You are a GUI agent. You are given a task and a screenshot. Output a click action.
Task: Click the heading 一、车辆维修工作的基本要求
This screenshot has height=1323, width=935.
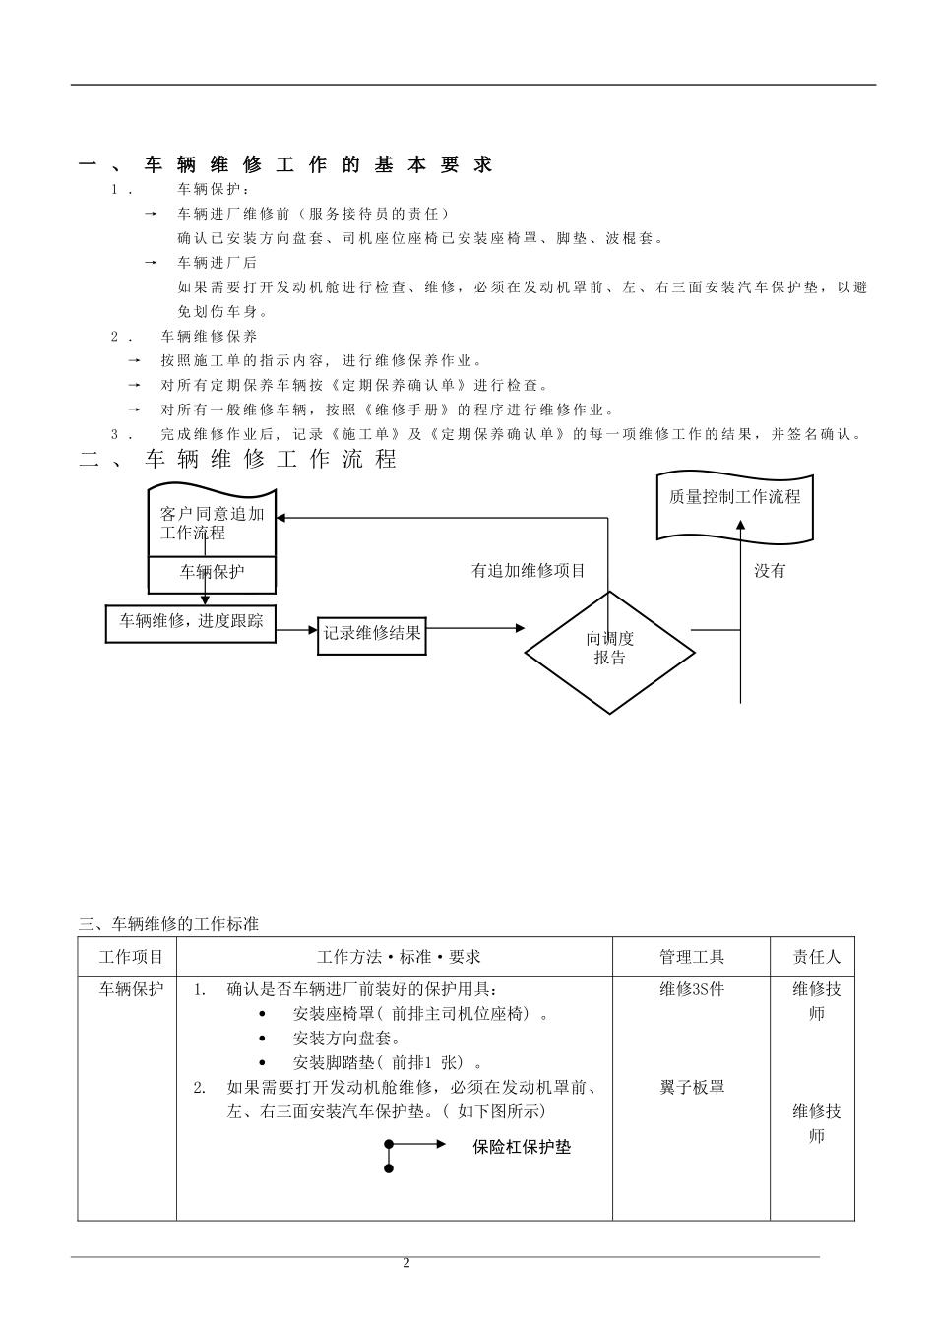click(285, 165)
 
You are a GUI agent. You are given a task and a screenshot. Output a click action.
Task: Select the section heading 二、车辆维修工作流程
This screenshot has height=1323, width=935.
click(238, 459)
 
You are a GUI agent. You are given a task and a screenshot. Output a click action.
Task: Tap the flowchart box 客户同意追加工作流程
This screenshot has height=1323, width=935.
click(212, 523)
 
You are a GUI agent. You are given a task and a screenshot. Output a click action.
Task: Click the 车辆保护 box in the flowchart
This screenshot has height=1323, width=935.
click(212, 572)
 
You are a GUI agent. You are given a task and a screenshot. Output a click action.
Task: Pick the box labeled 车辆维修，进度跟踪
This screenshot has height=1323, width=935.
click(191, 622)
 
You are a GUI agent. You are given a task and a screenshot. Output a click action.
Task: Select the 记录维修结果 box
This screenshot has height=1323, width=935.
click(372, 633)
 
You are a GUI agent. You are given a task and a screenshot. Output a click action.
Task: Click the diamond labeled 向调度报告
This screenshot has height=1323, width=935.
click(610, 650)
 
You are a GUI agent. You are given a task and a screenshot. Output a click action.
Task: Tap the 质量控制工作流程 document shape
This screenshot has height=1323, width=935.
click(734, 498)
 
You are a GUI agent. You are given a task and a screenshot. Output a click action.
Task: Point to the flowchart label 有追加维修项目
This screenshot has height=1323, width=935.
click(529, 571)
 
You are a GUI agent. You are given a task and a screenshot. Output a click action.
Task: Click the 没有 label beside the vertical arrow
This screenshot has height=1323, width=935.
click(770, 571)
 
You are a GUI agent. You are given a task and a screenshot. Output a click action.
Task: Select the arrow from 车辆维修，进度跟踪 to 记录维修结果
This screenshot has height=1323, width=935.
click(297, 633)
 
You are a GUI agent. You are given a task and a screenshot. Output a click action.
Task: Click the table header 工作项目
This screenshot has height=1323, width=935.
click(131, 957)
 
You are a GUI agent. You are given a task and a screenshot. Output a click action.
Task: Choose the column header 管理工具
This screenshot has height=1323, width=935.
click(692, 957)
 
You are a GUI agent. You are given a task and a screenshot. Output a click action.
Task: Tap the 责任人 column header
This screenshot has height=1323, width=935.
click(817, 957)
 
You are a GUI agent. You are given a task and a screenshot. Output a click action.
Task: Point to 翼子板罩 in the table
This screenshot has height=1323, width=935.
click(692, 1088)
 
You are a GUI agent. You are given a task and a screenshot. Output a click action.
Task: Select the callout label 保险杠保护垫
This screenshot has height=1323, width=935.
click(522, 1147)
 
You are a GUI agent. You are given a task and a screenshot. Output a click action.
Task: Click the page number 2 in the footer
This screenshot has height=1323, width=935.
click(405, 1264)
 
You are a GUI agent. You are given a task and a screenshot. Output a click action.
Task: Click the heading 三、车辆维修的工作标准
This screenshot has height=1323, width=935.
click(169, 924)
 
